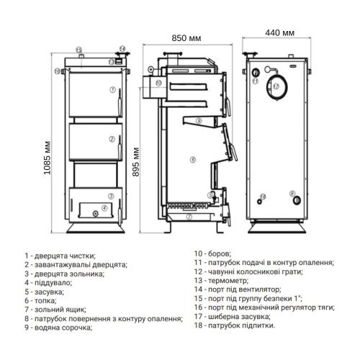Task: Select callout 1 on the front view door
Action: pos(112,89)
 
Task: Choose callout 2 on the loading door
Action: pos(112,139)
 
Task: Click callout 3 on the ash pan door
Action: pos(111,196)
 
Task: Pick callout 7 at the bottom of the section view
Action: pos(189,216)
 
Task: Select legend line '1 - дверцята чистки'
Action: pos(59,256)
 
